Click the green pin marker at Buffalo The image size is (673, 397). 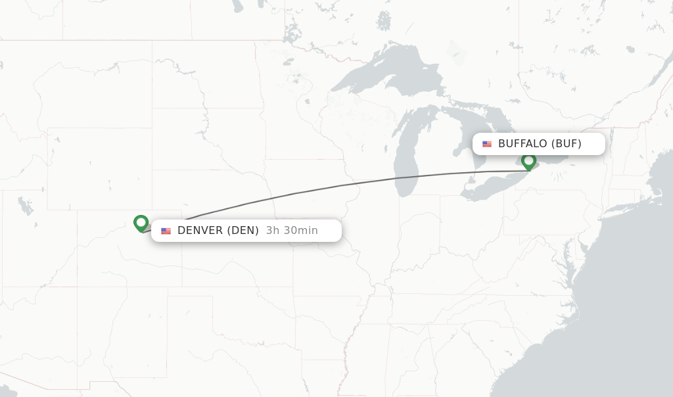point(528,160)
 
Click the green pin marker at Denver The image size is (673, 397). point(141,223)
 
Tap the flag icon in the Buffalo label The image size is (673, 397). point(487,144)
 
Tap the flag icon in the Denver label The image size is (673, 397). point(166,231)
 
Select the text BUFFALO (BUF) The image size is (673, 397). point(540,144)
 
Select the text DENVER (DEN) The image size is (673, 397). point(218,231)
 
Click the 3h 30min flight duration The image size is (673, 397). point(292,231)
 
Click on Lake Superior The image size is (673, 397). point(388,79)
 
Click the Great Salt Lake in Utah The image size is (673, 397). point(26,206)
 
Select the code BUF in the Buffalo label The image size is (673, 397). point(566,144)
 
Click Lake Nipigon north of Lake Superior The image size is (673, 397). point(384,20)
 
